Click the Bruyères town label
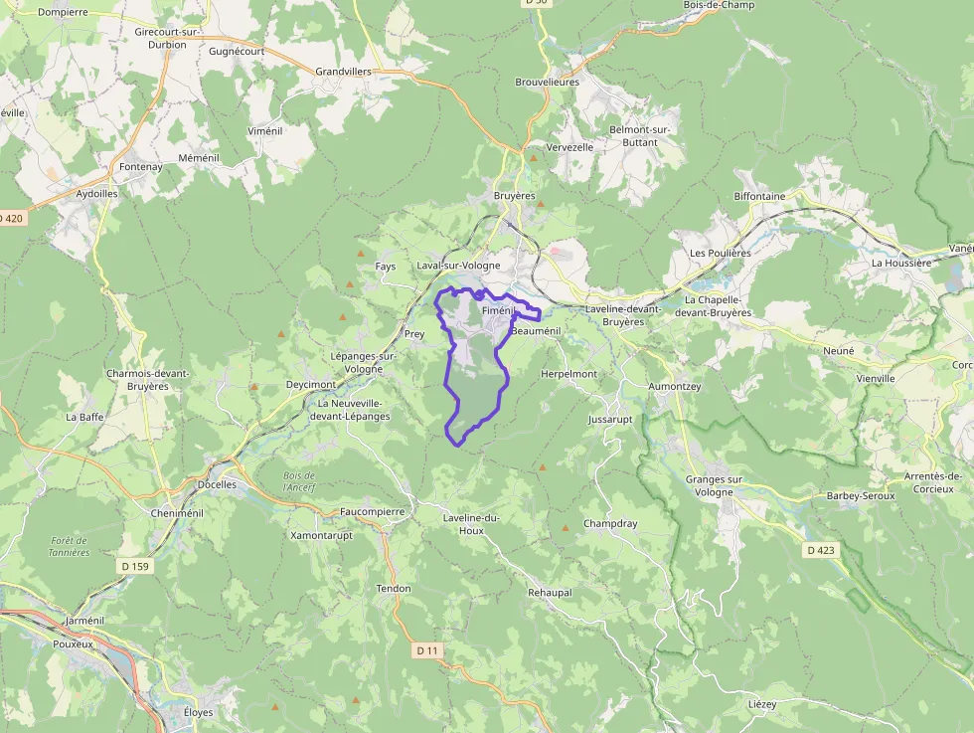[514, 196]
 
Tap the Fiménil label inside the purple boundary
[496, 311]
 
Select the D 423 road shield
[820, 549]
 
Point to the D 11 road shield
[427, 649]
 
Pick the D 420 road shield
[10, 218]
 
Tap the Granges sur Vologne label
[714, 485]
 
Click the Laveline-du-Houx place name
[471, 524]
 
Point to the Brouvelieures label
[547, 82]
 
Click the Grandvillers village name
[343, 72]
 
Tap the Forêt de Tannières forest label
[70, 546]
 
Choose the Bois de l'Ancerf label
[298, 481]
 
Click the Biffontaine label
[759, 196]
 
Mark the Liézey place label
[761, 703]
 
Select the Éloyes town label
[198, 712]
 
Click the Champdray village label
[610, 523]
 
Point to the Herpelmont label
[568, 374]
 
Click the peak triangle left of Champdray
[566, 528]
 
